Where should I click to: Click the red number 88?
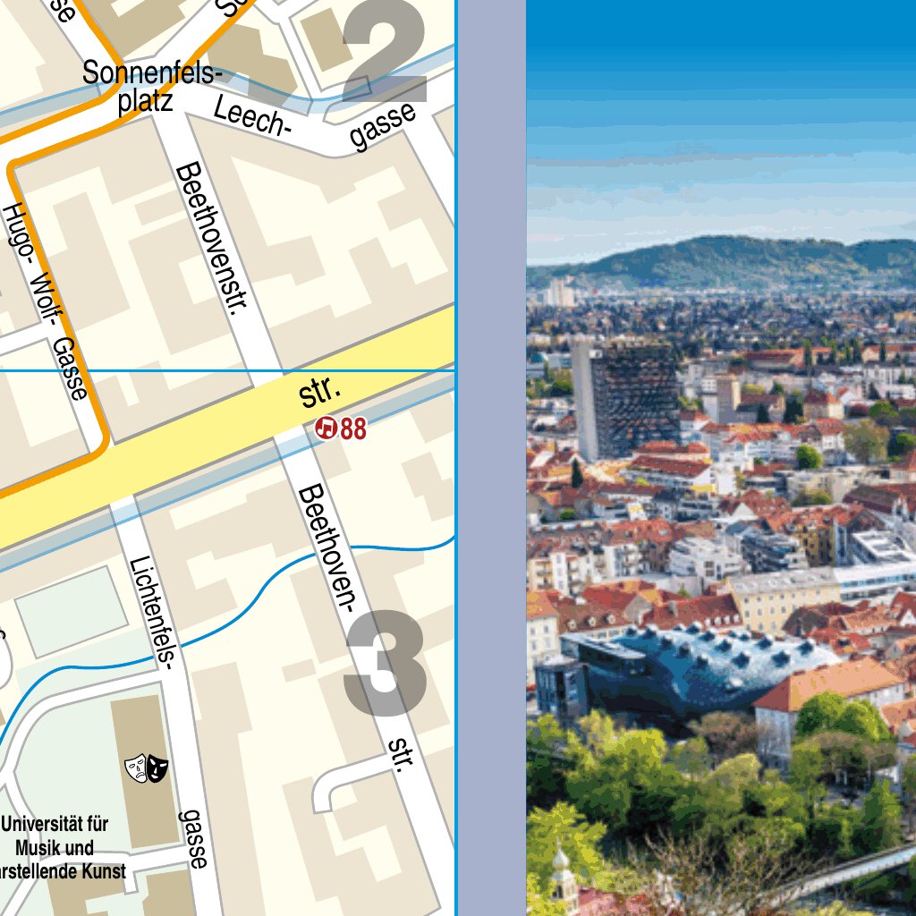[x=353, y=429]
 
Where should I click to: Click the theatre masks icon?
[x=147, y=767]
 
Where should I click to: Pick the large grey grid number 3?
[x=385, y=663]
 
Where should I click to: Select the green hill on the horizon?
[x=734, y=259]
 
